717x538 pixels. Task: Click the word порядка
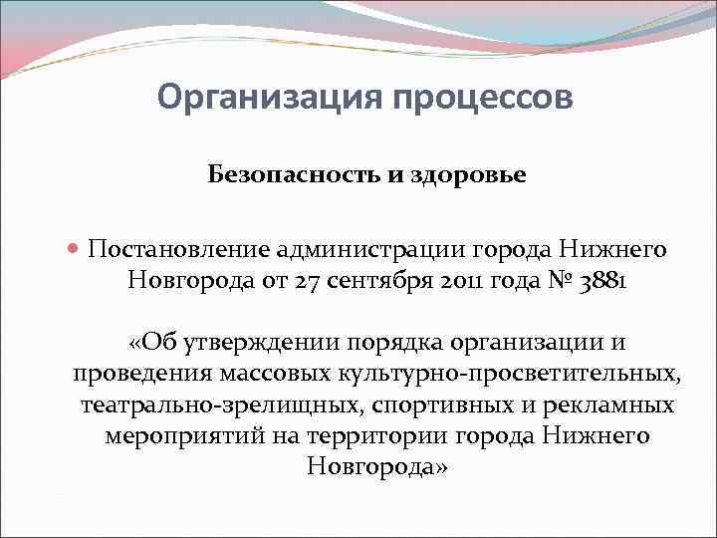click(391, 344)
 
